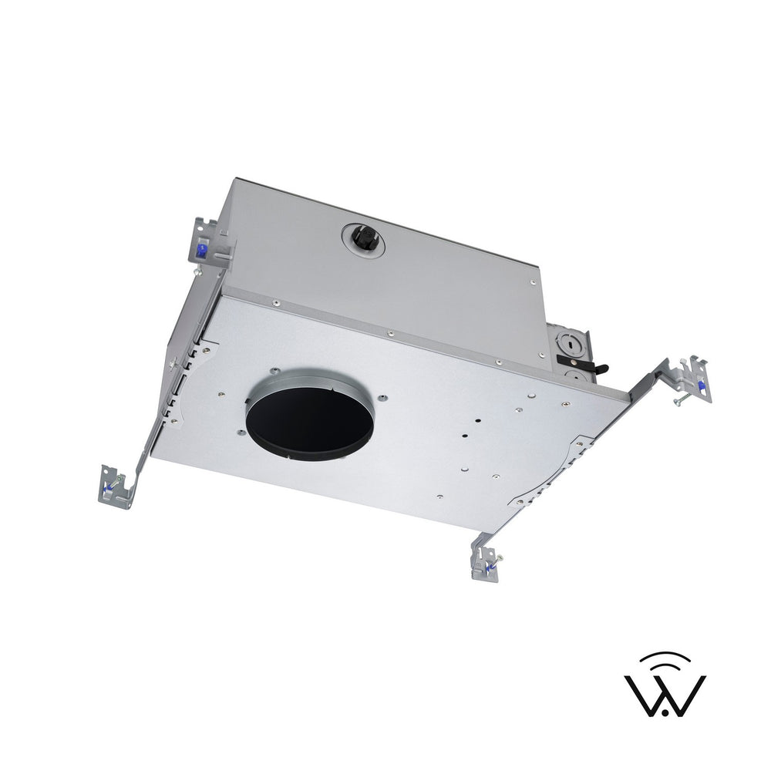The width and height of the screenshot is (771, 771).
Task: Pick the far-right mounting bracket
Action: tap(694, 379)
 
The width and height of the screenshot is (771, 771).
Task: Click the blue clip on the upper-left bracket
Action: tap(202, 249)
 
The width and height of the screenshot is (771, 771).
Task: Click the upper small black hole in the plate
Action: tap(479, 421)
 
